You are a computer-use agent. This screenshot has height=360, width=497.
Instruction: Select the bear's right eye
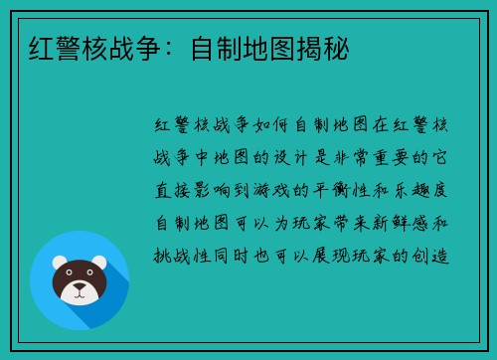(x=89, y=278)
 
